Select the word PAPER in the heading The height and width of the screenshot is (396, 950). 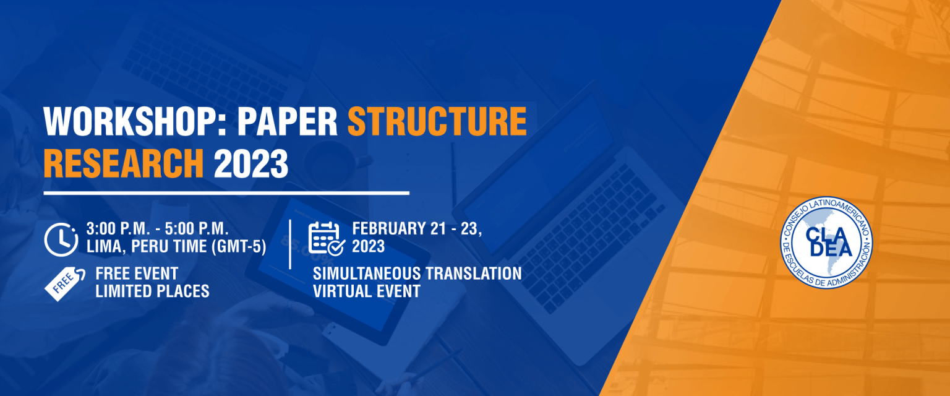(288, 121)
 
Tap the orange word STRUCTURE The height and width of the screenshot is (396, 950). (437, 121)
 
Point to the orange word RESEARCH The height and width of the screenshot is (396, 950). (124, 163)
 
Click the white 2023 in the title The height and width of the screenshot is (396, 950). (251, 163)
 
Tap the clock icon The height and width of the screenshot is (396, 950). (61, 239)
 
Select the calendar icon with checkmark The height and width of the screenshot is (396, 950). (327, 239)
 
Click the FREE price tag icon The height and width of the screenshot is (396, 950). (65, 283)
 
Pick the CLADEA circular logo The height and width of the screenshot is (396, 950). (826, 243)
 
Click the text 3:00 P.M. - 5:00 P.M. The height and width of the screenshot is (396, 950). (157, 229)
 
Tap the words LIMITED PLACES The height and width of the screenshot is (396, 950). (152, 291)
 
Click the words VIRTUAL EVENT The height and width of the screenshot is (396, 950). (366, 291)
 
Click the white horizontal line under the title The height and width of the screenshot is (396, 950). (226, 193)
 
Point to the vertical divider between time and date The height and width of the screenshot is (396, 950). (290, 244)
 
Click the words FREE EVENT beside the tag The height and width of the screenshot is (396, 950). (137, 273)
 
